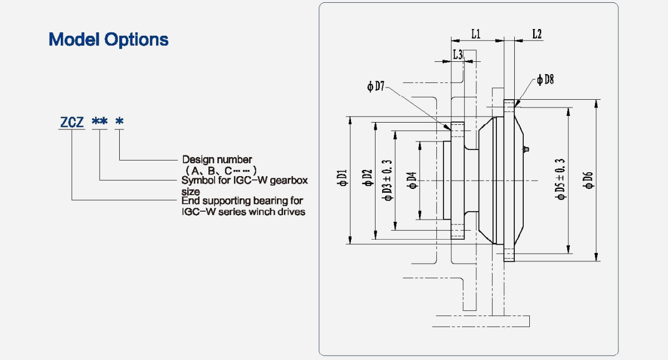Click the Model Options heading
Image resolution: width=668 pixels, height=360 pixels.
[x=109, y=40]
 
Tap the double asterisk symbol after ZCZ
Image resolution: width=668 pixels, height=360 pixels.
[x=100, y=121]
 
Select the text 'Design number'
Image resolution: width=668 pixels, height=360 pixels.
[x=217, y=160]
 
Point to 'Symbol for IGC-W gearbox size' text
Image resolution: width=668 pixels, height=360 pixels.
[x=245, y=185]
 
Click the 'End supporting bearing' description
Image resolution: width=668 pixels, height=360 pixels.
[x=243, y=206]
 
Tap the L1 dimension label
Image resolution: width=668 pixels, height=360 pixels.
[x=476, y=34]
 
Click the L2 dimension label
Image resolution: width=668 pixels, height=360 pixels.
[x=537, y=34]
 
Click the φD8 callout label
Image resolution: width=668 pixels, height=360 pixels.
[x=545, y=80]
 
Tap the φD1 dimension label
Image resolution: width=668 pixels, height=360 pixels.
[x=342, y=179]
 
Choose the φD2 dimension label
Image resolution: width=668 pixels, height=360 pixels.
[x=367, y=179]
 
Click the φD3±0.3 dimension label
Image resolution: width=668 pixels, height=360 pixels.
[x=387, y=179]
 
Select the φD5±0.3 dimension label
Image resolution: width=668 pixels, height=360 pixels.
[x=560, y=179]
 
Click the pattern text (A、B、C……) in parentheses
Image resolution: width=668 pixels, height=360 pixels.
[x=221, y=170]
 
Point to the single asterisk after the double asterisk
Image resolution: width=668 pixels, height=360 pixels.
[x=119, y=121]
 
